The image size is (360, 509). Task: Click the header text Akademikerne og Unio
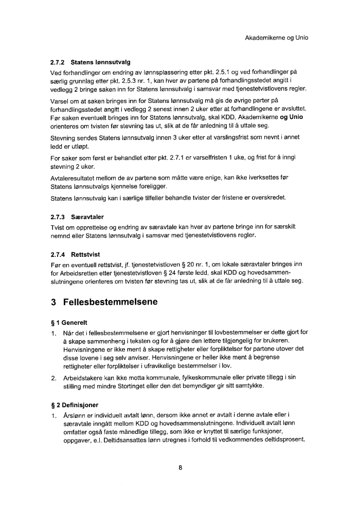point(276,38)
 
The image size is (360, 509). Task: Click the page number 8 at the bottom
point(180,468)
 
